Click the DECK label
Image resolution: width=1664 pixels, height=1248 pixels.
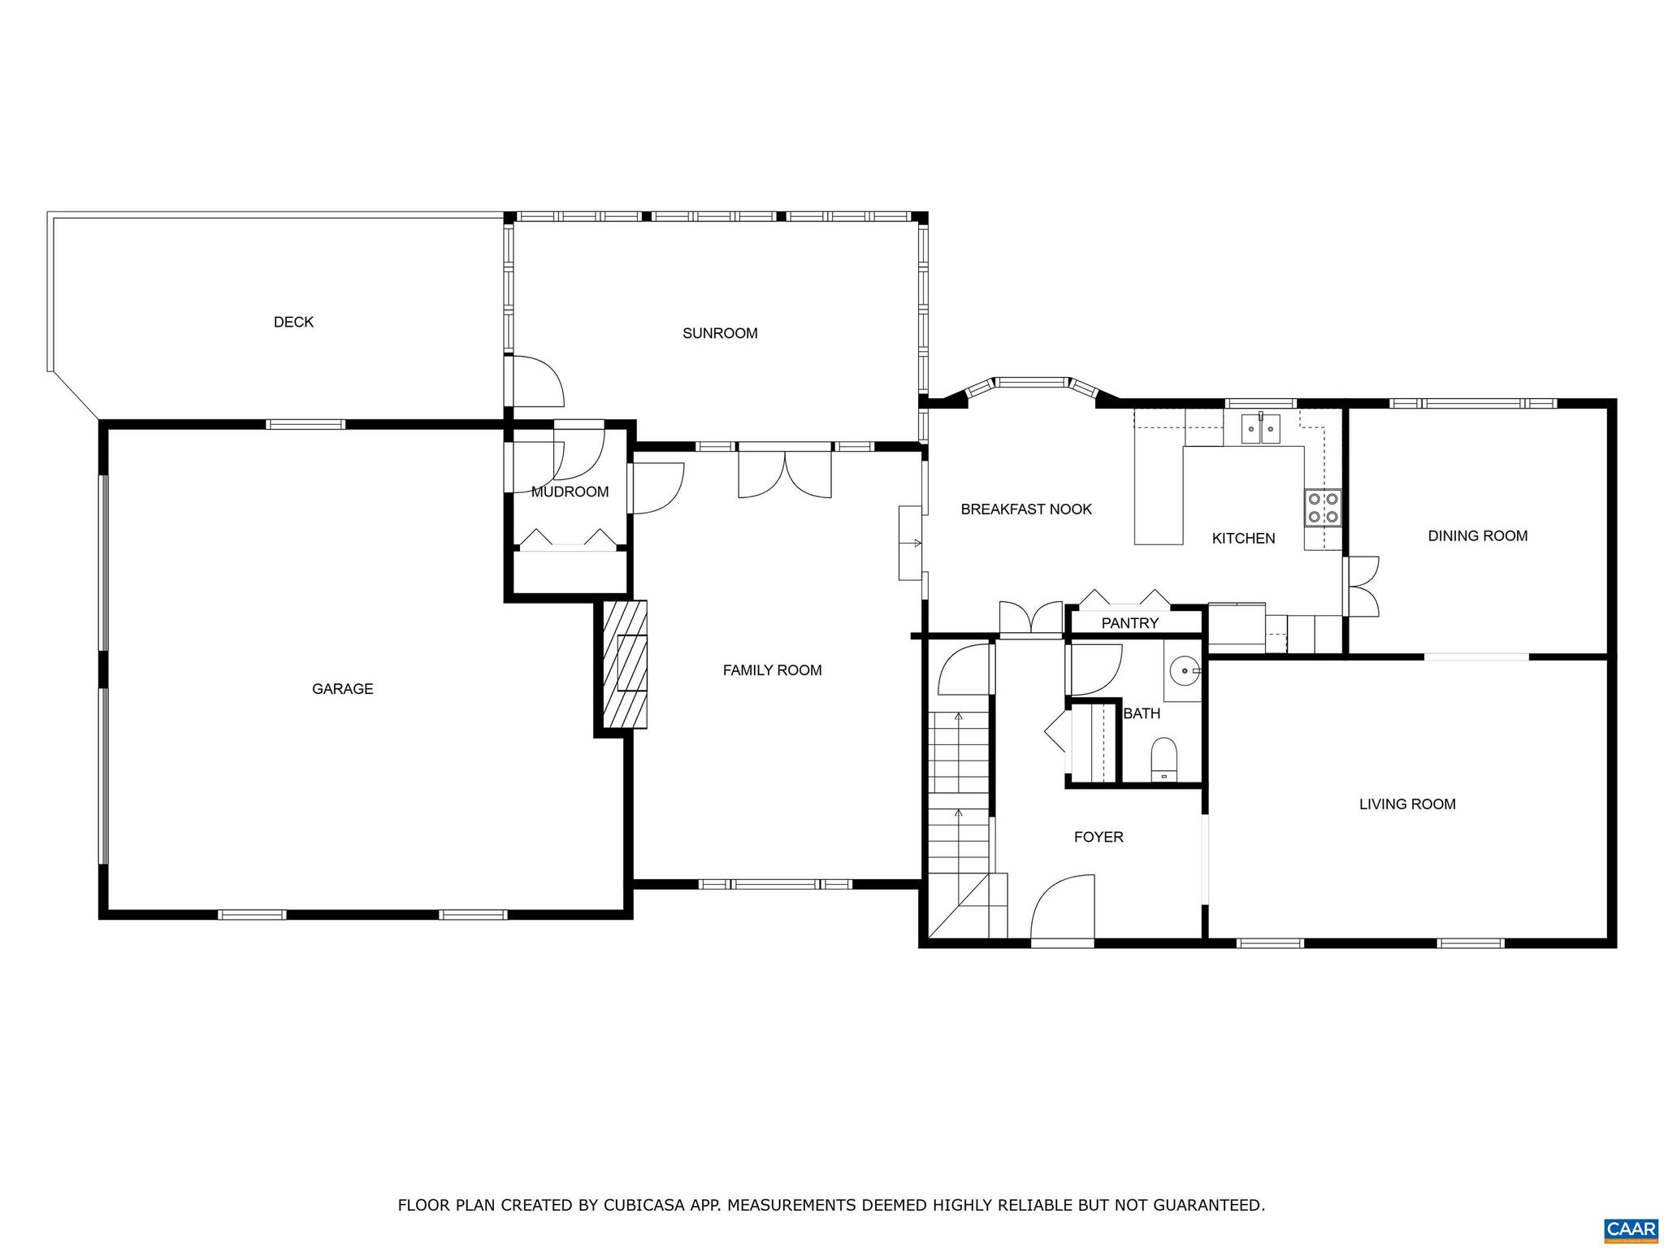[293, 322]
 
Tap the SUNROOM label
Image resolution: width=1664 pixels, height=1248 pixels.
[720, 333]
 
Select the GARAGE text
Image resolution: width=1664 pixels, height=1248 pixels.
[342, 689]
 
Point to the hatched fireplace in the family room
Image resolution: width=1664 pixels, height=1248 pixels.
[625, 664]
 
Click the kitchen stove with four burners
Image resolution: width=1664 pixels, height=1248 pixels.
[1323, 509]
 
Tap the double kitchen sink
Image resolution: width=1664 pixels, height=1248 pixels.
[1260, 428]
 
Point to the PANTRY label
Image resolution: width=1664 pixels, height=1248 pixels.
[1129, 623]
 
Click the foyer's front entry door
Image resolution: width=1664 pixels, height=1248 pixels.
[1062, 910]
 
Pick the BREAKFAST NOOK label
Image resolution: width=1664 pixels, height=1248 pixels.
[1026, 509]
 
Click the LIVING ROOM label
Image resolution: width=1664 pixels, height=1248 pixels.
[1407, 804]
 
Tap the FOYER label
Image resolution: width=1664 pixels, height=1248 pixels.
[1098, 837]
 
